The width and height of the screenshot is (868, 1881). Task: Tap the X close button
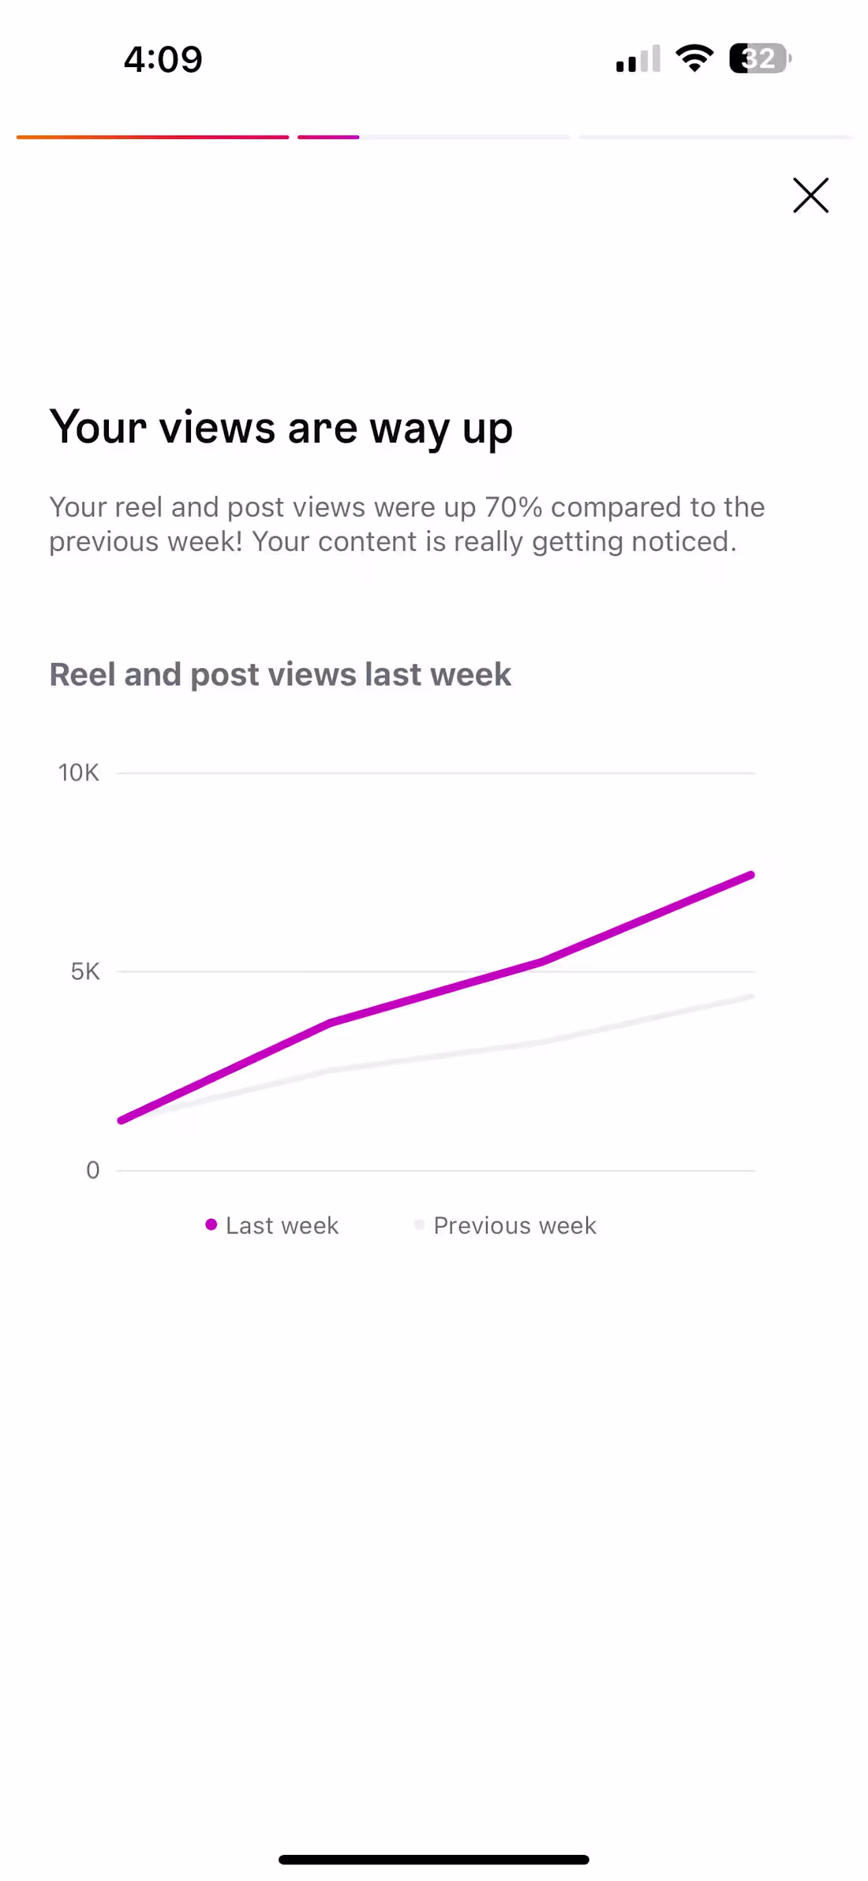(x=810, y=195)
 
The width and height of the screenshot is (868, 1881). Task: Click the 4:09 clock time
(x=163, y=60)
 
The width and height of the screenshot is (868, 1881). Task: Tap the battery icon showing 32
(x=759, y=58)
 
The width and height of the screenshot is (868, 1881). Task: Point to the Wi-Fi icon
(x=694, y=58)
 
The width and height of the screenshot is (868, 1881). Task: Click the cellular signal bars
(x=638, y=60)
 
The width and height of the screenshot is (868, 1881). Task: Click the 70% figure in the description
(x=513, y=507)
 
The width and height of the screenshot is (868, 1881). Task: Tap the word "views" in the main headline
(x=217, y=428)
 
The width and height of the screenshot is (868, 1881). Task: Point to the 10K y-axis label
(x=79, y=772)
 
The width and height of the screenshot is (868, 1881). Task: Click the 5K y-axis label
(x=85, y=971)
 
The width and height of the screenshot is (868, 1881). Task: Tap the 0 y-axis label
(x=92, y=1170)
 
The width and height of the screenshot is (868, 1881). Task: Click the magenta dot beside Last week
(x=211, y=1225)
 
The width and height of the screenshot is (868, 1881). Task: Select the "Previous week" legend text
(x=514, y=1225)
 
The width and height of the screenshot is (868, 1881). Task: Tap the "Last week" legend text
(x=282, y=1225)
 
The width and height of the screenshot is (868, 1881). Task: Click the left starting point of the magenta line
(x=122, y=1120)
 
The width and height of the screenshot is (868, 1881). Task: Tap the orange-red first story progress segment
(x=152, y=137)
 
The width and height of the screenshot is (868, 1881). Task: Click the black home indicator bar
(x=433, y=1860)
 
